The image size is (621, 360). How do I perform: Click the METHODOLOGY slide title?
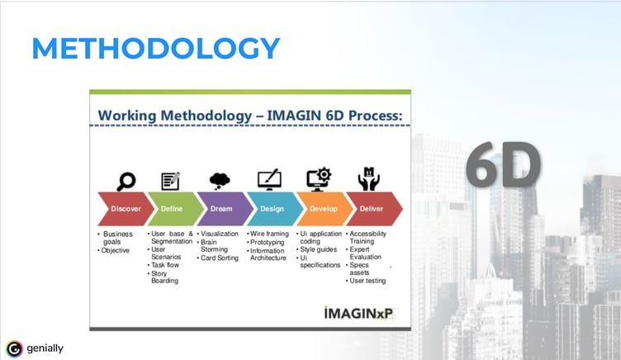coord(155,49)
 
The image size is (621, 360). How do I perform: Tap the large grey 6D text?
coord(503,164)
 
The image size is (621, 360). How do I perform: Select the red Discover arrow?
coord(126,209)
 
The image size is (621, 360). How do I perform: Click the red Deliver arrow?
coord(374,209)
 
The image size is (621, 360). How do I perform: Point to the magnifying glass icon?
coord(126,182)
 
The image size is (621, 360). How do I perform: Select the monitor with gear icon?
coord(319,179)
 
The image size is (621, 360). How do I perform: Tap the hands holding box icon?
coord(368,179)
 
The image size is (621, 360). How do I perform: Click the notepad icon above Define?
coord(171,181)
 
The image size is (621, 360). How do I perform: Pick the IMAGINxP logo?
coord(359,313)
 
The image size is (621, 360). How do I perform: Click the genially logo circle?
coord(14,349)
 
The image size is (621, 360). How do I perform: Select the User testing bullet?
coord(366,281)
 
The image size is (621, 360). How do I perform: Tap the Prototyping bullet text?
coord(268,242)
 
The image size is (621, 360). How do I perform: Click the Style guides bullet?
coord(317,249)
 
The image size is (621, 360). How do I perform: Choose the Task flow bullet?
coord(164,265)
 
